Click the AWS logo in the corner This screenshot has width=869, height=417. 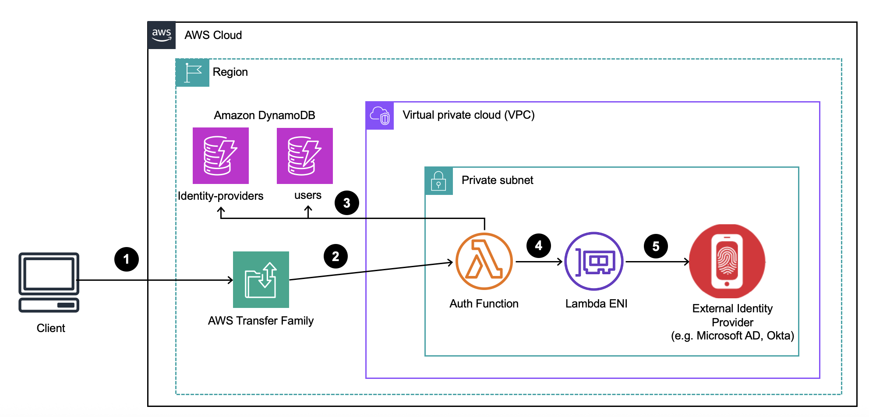[162, 35]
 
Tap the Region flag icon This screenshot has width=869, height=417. [192, 73]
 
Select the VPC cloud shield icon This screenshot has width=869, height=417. [380, 116]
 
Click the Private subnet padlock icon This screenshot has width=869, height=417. [438, 181]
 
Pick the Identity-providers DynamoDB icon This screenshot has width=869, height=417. [221, 155]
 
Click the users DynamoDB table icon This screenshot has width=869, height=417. [305, 155]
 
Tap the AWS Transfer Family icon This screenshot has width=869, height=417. [261, 279]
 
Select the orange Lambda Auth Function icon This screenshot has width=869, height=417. [484, 262]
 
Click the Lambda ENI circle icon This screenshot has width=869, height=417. [594, 262]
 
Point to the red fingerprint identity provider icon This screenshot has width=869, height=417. [727, 262]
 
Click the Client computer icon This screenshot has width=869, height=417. [49, 283]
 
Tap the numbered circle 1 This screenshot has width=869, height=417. [127, 259]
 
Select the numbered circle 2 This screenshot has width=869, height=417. [336, 256]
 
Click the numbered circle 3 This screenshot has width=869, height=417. [347, 203]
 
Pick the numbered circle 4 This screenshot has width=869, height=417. [539, 246]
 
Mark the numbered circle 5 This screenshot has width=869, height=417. [656, 246]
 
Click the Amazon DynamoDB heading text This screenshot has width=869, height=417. [265, 115]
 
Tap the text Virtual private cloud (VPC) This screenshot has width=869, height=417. [469, 115]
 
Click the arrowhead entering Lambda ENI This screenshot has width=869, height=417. [560, 262]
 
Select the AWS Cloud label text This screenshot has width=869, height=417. [213, 35]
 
